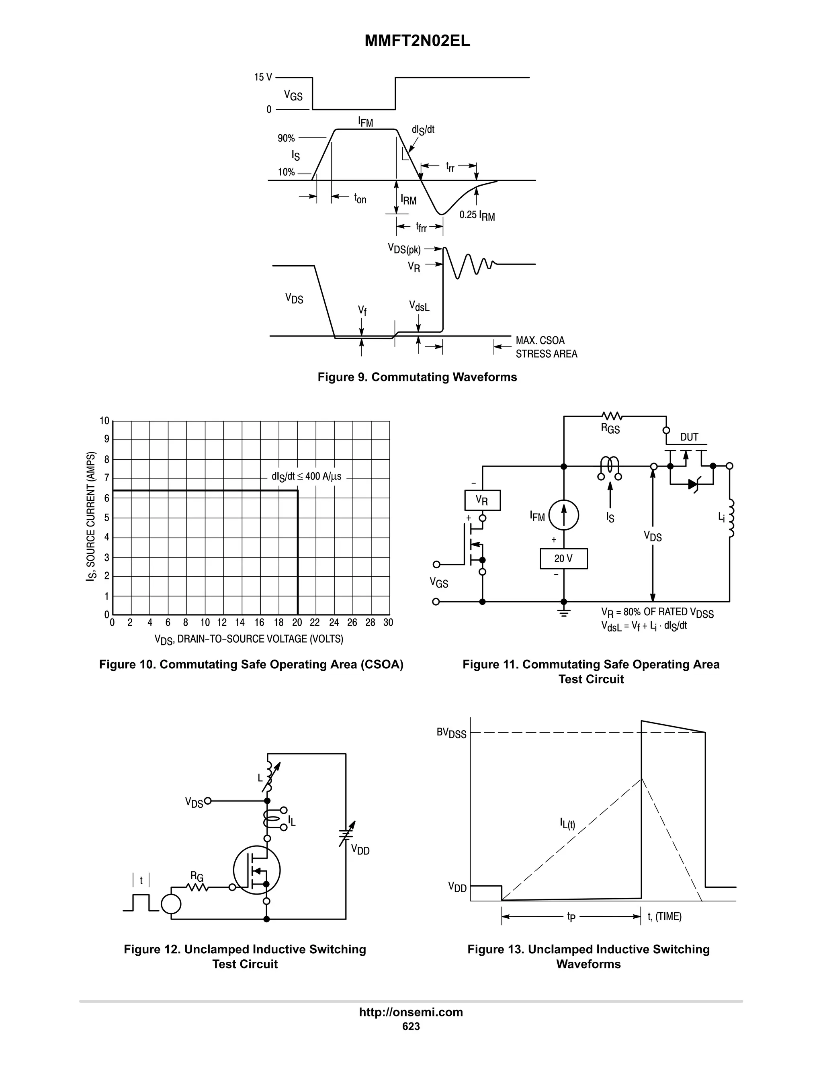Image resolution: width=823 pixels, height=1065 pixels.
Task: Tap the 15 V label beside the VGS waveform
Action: coord(263,77)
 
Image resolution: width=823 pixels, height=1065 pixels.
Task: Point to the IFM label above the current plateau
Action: coord(365,122)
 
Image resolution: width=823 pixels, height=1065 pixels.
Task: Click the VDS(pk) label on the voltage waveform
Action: coord(404,249)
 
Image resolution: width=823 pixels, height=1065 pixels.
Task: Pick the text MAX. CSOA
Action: coord(540,340)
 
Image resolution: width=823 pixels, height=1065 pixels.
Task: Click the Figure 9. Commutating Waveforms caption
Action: coord(417,377)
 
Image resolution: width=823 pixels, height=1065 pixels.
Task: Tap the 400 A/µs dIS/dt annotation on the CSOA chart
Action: coord(307,476)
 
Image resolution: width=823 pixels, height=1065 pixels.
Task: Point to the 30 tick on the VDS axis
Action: coord(388,623)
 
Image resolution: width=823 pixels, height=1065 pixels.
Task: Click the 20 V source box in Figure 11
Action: coord(563,558)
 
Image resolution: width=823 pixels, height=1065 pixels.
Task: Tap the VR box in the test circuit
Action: coord(482,500)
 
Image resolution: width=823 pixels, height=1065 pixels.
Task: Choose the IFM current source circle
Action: coord(564,516)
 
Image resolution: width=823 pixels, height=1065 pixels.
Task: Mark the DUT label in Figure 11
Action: coord(689,437)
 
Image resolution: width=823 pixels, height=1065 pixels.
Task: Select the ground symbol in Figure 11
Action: coord(564,612)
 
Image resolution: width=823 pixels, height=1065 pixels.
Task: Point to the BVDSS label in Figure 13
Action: coord(451,733)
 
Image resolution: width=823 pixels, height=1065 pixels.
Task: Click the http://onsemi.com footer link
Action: coord(411,1012)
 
